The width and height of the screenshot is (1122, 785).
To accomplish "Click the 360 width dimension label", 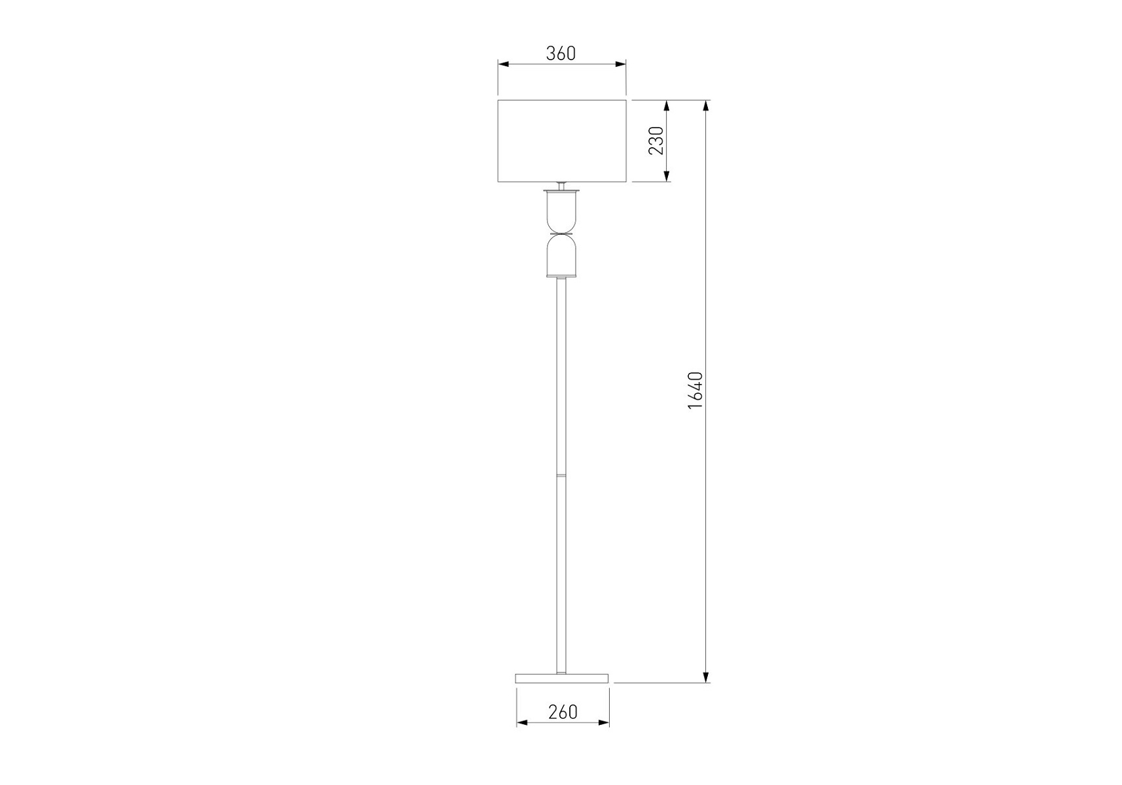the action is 561,53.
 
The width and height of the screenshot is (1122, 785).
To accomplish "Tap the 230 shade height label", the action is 656,141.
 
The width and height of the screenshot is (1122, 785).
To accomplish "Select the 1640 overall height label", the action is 695,391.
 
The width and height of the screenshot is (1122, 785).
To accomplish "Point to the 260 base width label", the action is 563,712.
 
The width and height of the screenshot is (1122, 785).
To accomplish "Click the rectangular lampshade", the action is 562,141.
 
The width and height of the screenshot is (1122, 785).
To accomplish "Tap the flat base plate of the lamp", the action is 562,678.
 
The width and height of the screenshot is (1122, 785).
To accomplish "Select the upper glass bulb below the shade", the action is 561,211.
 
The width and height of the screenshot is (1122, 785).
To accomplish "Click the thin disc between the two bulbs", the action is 561,234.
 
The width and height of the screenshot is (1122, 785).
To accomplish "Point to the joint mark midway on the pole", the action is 561,473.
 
